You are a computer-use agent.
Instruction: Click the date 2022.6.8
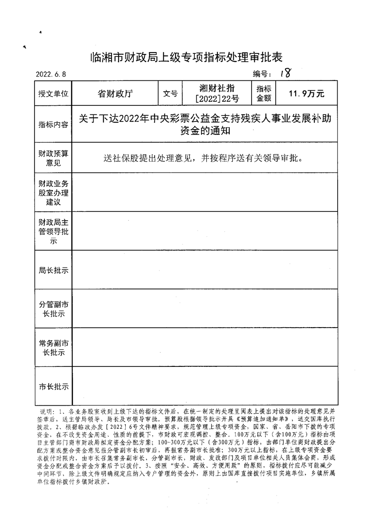[52, 75]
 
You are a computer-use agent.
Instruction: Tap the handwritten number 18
[285, 72]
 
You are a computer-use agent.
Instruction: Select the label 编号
[261, 74]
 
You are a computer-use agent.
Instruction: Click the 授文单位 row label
[53, 94]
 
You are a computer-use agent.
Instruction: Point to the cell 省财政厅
[115, 93]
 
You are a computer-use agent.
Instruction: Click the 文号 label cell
[170, 94]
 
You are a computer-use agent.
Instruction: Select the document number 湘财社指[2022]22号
[217, 94]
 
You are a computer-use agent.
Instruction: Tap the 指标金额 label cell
[263, 94]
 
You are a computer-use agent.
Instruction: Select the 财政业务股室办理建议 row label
[53, 192]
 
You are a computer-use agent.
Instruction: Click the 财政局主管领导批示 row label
[53, 231]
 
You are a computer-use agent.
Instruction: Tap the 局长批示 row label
[53, 270]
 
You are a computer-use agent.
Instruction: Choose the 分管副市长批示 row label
[53, 309]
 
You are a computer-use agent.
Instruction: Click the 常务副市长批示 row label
[53, 348]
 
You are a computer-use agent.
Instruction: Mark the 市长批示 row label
[53, 386]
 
